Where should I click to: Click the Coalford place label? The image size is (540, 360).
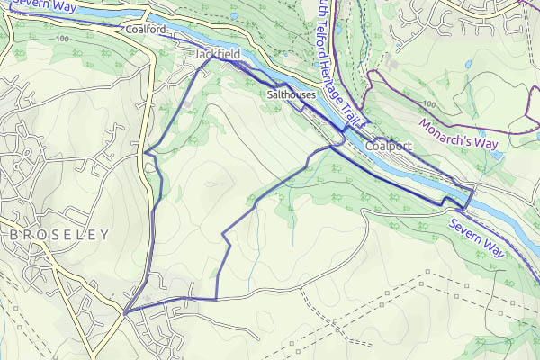(x=146, y=29)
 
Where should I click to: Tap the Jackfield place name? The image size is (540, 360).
(x=216, y=56)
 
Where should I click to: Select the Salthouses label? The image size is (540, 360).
(x=290, y=94)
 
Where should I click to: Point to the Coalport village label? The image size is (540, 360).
(x=389, y=146)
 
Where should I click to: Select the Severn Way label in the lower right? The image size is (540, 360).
(x=481, y=234)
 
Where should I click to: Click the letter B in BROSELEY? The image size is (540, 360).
(x=14, y=234)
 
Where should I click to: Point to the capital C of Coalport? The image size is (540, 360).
(x=370, y=146)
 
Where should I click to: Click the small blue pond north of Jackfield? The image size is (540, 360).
(x=233, y=15)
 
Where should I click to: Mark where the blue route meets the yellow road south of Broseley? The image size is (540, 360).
(x=125, y=311)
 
